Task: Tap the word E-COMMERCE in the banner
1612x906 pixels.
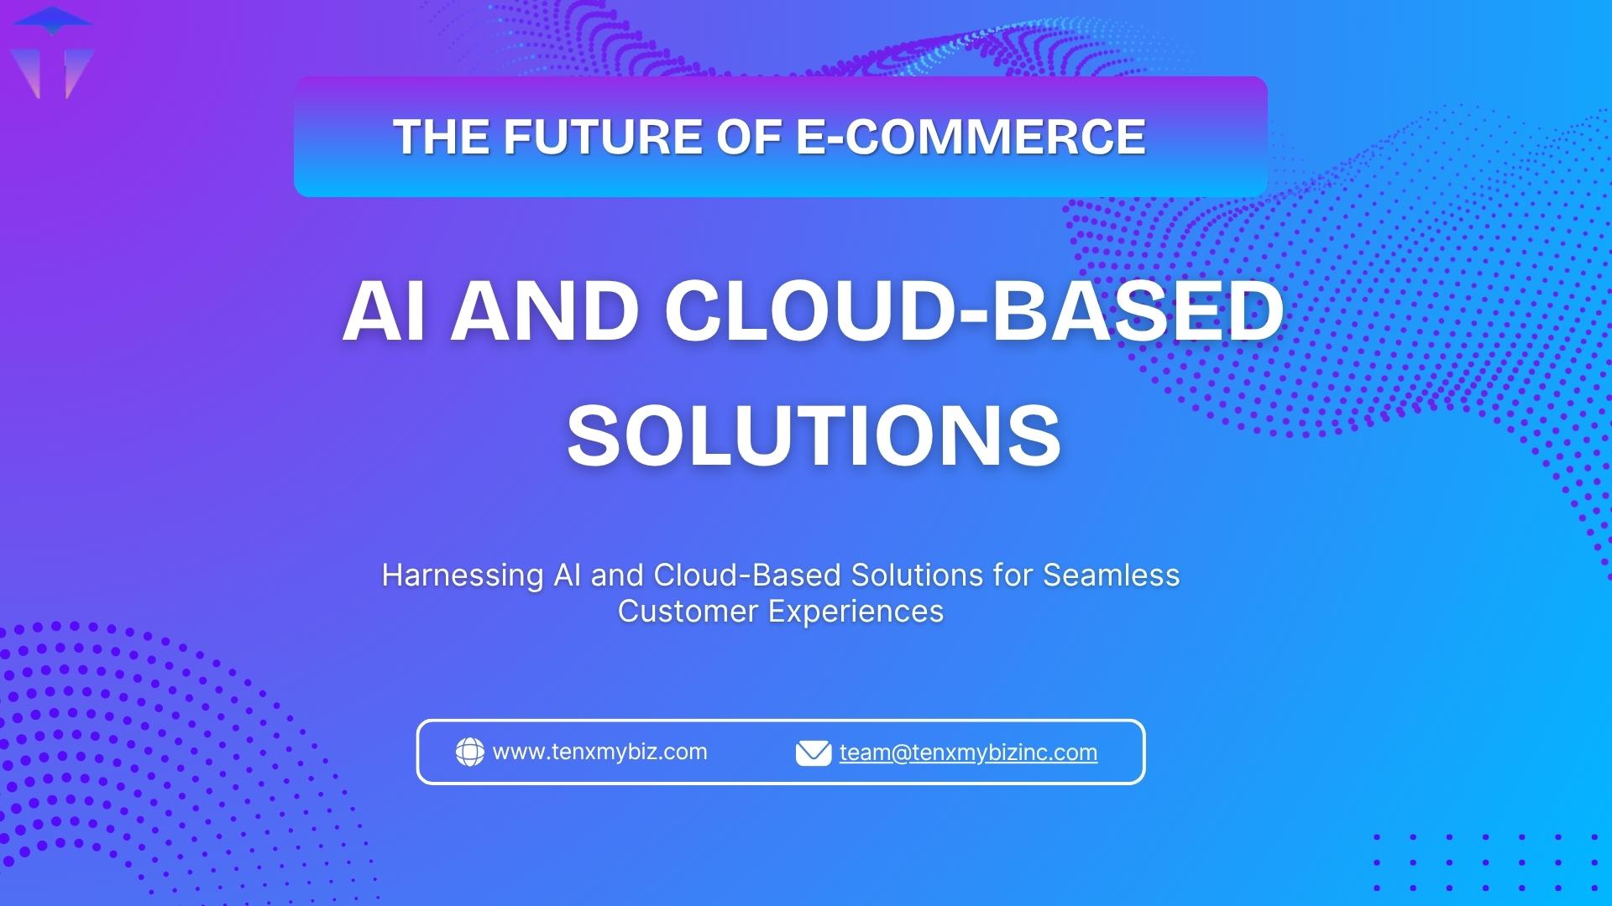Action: pyautogui.click(x=970, y=137)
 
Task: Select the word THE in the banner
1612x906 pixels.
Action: pyautogui.click(x=442, y=137)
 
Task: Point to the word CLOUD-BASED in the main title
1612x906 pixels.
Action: pyautogui.click(x=974, y=311)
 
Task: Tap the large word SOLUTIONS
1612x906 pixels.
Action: pyautogui.click(x=814, y=435)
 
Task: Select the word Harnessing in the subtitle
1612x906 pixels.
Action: pyautogui.click(x=463, y=575)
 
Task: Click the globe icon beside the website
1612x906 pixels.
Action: pyautogui.click(x=469, y=752)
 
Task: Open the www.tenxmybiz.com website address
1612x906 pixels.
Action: pyautogui.click(x=599, y=752)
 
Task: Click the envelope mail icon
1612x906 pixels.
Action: pyautogui.click(x=813, y=752)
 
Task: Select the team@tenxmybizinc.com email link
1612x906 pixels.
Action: pyautogui.click(x=968, y=752)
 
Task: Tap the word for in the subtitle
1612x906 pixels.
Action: pyautogui.click(x=1013, y=575)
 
